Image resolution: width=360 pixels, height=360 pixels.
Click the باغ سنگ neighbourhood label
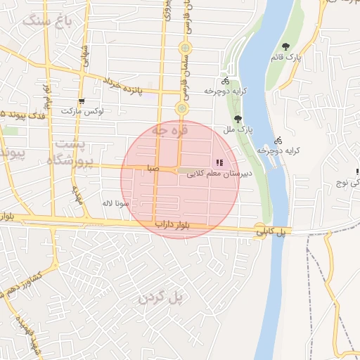[48, 20]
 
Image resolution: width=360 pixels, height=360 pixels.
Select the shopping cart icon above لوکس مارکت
[82, 101]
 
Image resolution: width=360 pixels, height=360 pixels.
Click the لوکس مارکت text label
[82, 112]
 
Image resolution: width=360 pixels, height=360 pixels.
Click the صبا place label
[153, 169]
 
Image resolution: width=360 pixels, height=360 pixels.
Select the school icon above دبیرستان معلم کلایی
[219, 163]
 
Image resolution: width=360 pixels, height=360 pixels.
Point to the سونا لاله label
[113, 203]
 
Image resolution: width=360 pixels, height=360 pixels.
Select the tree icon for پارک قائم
[285, 46]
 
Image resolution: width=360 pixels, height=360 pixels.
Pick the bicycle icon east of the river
[278, 140]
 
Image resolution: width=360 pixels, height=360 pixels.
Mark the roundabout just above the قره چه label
[182, 108]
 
